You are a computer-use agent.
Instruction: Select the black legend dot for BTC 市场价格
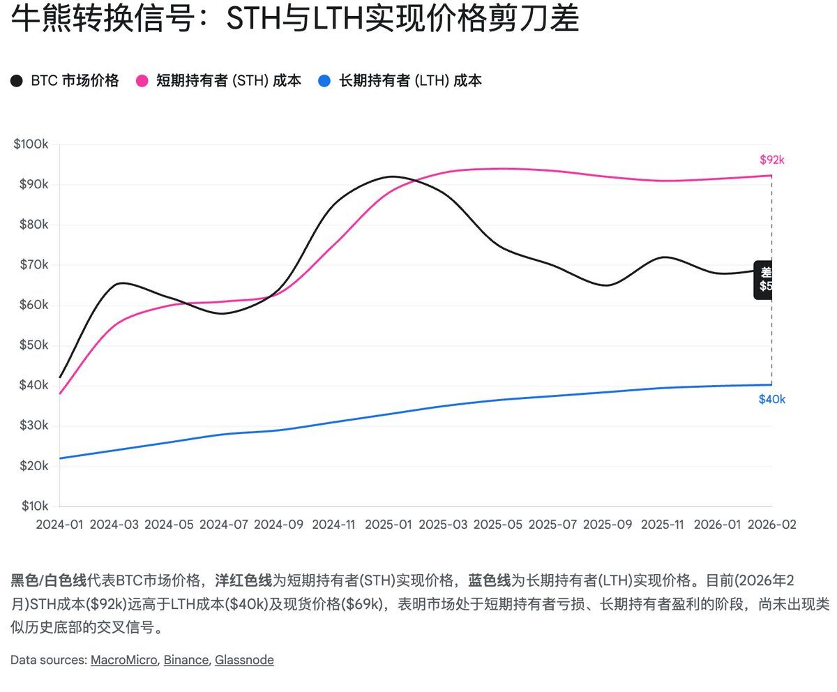pyautogui.click(x=17, y=81)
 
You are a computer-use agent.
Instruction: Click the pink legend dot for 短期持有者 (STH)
pyautogui.click(x=142, y=81)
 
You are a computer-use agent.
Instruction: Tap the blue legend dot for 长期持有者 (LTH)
pyautogui.click(x=324, y=81)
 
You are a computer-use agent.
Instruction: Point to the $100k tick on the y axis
pyautogui.click(x=31, y=144)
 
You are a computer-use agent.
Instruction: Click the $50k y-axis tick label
pyautogui.click(x=31, y=345)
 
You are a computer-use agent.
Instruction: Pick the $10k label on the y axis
pyautogui.click(x=31, y=506)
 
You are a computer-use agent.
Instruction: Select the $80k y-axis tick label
pyautogui.click(x=31, y=225)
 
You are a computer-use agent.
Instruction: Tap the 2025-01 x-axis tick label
pyautogui.click(x=389, y=524)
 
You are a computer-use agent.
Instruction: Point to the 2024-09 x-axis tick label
pyautogui.click(x=278, y=524)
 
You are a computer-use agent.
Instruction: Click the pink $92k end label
pyautogui.click(x=771, y=160)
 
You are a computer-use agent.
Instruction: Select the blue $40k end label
pyautogui.click(x=771, y=400)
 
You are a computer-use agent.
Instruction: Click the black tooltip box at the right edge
pyautogui.click(x=764, y=279)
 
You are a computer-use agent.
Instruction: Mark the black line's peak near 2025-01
pyautogui.click(x=392, y=176)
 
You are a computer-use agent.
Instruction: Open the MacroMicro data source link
pyautogui.click(x=123, y=660)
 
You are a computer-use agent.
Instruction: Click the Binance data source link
pyautogui.click(x=186, y=660)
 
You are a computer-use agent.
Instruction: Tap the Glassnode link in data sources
pyautogui.click(x=244, y=660)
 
